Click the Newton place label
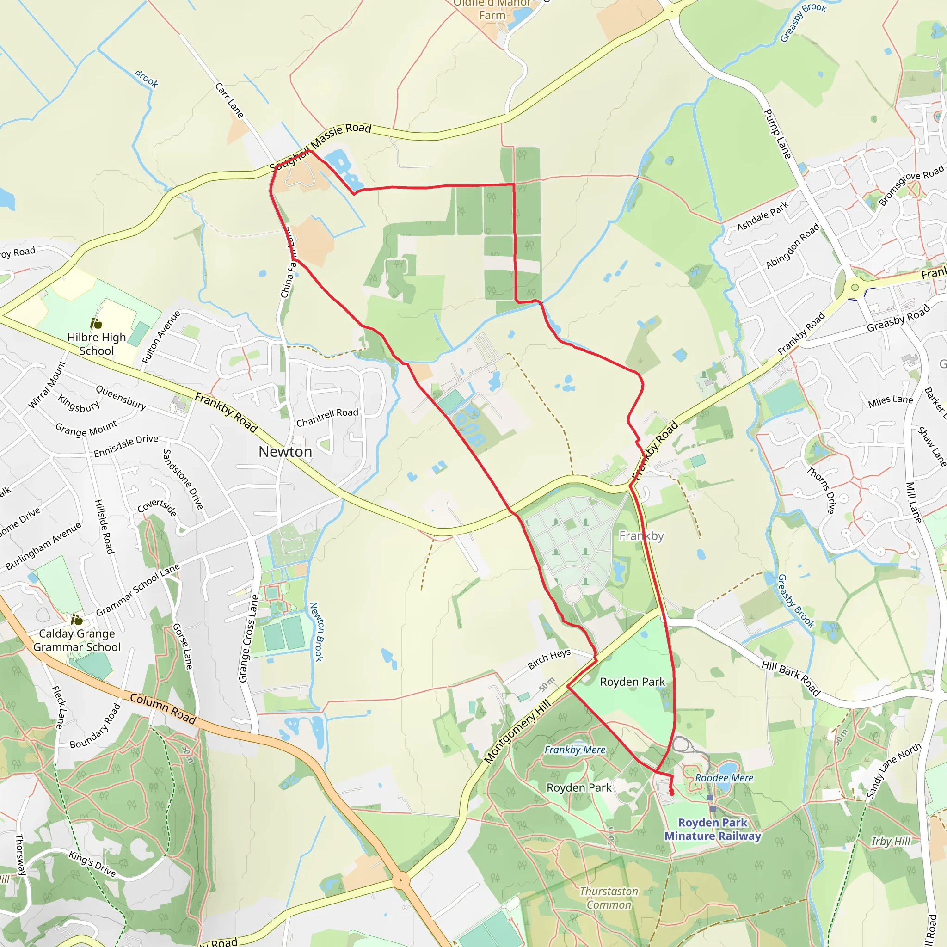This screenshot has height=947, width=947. click(285, 451)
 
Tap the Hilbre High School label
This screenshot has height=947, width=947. click(97, 344)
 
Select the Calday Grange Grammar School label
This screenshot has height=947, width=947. click(77, 640)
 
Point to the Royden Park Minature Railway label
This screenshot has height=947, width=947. click(713, 829)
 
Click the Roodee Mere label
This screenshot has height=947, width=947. click(724, 778)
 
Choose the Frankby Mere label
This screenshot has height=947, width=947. click(575, 750)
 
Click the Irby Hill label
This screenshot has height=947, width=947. click(890, 841)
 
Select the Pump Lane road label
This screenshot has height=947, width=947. click(777, 134)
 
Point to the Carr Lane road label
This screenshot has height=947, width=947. click(229, 100)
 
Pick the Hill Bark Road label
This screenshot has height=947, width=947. click(791, 678)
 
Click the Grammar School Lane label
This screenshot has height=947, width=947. click(138, 590)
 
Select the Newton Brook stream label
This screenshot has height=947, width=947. click(317, 631)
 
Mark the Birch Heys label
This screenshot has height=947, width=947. click(549, 659)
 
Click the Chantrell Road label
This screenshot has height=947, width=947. click(327, 417)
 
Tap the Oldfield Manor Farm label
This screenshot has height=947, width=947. click(492, 10)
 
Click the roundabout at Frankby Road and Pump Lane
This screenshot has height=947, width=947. click(855, 288)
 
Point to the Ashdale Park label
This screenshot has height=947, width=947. click(763, 215)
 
